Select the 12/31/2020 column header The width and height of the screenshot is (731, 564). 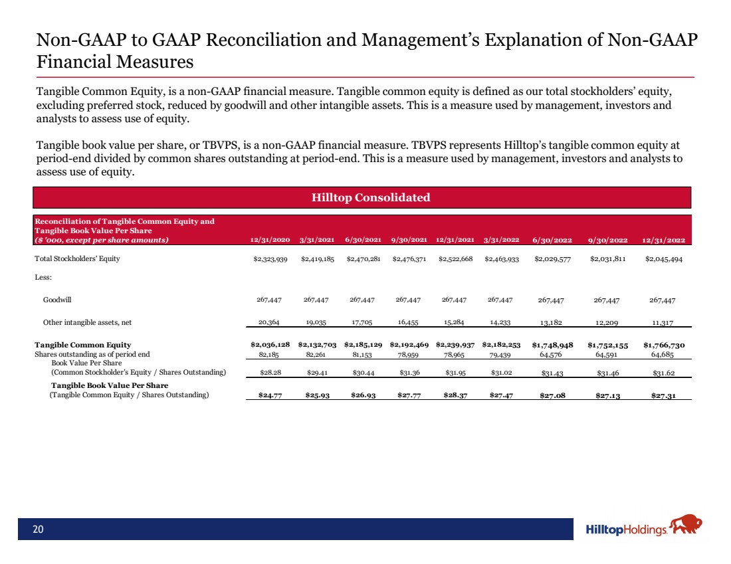(x=270, y=240)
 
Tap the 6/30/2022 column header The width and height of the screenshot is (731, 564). (x=553, y=240)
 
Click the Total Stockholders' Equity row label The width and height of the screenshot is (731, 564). (x=78, y=258)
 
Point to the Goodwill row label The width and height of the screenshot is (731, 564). (x=57, y=300)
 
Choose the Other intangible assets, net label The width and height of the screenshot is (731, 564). (x=87, y=322)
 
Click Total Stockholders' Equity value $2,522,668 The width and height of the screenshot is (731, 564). (x=455, y=258)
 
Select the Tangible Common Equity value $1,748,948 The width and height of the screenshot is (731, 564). (x=553, y=345)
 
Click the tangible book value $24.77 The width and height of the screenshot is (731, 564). (x=270, y=395)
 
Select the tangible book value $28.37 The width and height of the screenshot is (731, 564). (x=455, y=395)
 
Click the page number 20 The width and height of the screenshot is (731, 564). (x=39, y=529)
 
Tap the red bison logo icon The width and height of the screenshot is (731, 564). (x=686, y=527)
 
